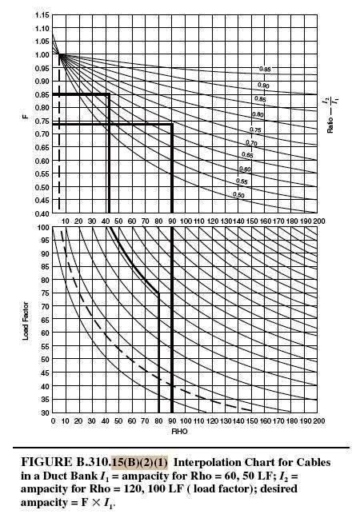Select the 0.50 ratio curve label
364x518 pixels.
238,194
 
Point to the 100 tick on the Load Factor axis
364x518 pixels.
44,228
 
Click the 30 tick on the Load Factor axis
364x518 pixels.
44,413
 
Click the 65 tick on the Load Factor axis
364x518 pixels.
44,321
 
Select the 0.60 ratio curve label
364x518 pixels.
246,169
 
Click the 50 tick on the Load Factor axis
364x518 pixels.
44,361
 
